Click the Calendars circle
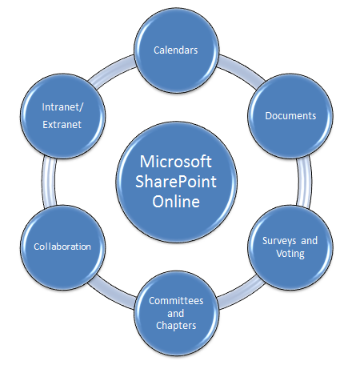(176, 50)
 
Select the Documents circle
(290, 116)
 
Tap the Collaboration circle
(62, 247)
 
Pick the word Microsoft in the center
(176, 162)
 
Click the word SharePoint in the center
(176, 182)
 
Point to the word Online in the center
(176, 202)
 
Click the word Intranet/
(62, 107)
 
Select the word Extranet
(62, 125)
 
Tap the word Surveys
(279, 241)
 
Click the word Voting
(290, 254)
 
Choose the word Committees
(176, 301)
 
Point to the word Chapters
(176, 326)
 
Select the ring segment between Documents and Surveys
(304, 182)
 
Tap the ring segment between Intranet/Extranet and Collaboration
(49, 182)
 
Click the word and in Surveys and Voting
(310, 241)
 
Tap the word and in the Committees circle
(176, 313)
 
